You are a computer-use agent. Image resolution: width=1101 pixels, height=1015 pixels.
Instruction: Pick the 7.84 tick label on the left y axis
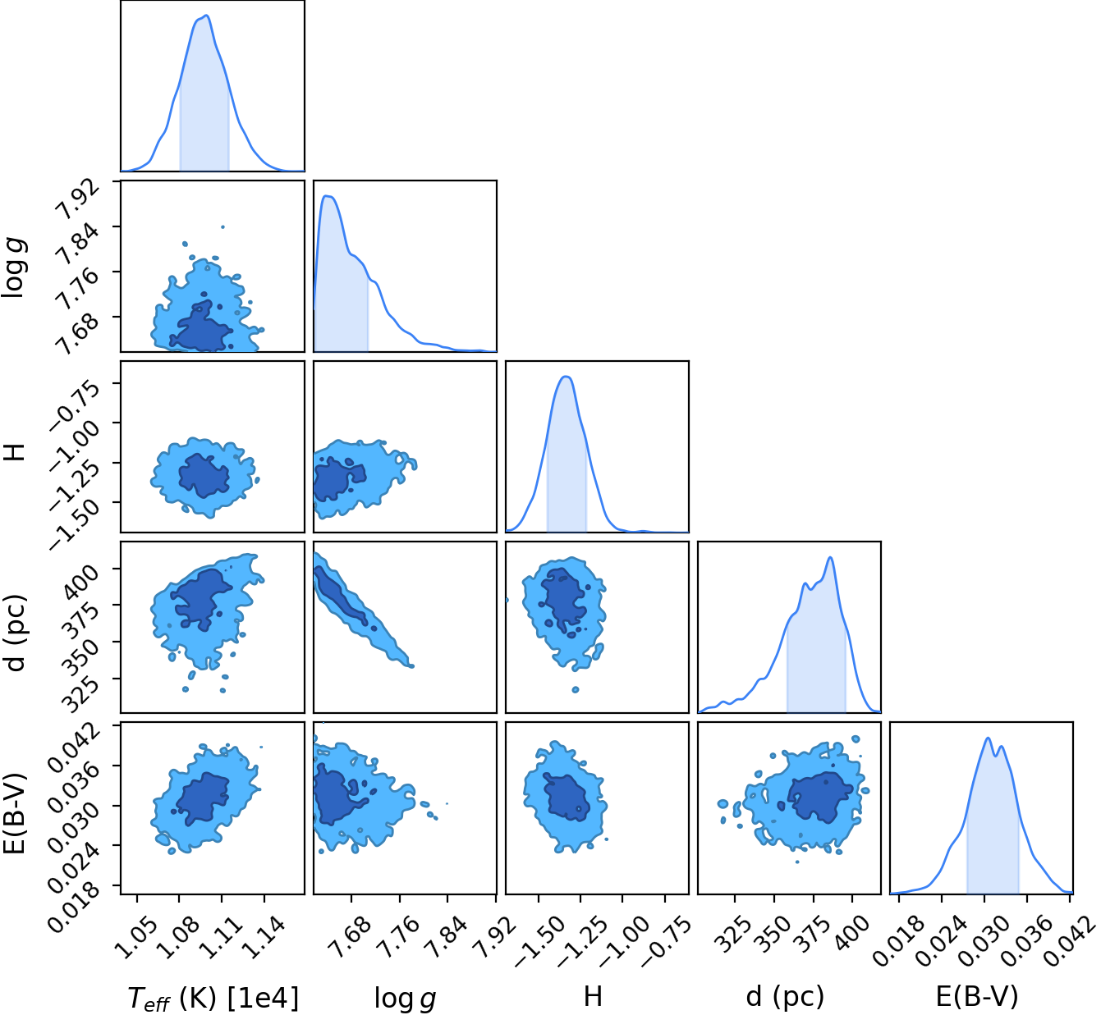point(78,243)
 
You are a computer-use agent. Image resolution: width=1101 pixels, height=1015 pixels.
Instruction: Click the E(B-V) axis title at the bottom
point(977,997)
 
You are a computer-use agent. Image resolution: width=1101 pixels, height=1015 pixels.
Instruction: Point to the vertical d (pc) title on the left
point(16,633)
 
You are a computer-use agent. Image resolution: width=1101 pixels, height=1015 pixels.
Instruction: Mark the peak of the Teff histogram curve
point(206,16)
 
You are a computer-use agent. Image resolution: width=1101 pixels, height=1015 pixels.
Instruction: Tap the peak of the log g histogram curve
point(327,195)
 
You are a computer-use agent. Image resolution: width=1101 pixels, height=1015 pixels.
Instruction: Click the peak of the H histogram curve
point(566,377)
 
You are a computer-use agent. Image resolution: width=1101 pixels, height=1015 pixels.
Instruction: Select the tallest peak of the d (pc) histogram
point(830,557)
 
